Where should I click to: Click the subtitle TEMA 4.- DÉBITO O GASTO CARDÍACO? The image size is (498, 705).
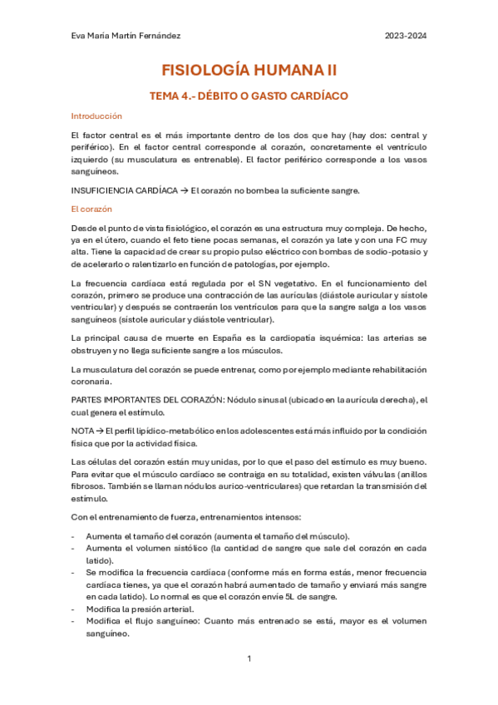point(248,96)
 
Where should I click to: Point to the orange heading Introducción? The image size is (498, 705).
point(96,116)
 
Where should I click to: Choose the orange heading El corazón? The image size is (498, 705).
point(91,209)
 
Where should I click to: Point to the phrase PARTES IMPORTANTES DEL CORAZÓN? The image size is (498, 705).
point(154,400)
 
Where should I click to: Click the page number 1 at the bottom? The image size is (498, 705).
point(249,658)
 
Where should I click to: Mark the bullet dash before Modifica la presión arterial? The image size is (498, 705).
point(75,609)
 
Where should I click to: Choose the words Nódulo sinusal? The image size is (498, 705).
point(251,400)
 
